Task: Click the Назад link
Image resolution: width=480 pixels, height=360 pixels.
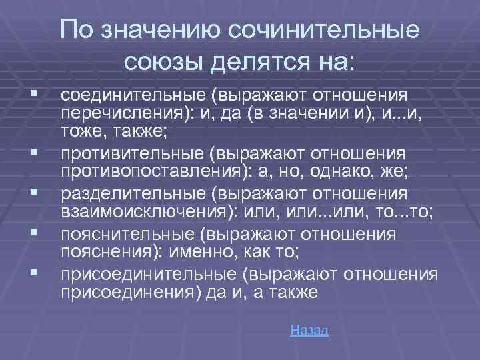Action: pyautogui.click(x=310, y=331)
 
